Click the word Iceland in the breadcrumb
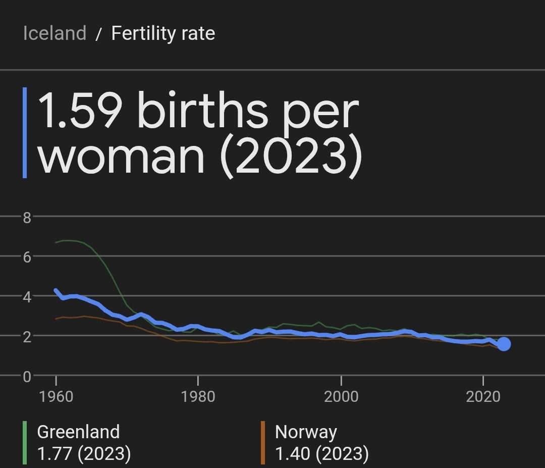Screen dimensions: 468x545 [54, 33]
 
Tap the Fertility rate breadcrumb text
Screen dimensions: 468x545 [163, 33]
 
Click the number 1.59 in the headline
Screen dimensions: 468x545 [80, 111]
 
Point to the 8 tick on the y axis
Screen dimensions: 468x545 [27, 218]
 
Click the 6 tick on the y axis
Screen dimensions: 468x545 [27, 256]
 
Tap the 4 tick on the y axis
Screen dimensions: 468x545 [27, 296]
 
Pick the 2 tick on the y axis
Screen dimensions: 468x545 [27, 336]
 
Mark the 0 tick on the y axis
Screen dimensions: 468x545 [27, 376]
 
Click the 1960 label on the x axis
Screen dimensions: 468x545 [56, 396]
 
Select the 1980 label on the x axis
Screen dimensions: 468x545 [198, 396]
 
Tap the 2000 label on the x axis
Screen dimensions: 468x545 [341, 396]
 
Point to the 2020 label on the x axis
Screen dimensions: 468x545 [483, 396]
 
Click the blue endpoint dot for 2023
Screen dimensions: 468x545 [503, 344]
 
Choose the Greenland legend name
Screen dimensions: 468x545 [78, 432]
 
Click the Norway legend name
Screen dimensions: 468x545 [306, 432]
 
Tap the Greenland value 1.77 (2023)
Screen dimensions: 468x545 [84, 453]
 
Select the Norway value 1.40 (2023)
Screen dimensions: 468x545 [321, 453]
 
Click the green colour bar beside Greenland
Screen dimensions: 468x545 [25, 443]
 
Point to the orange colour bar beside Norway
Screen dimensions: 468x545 [263, 443]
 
